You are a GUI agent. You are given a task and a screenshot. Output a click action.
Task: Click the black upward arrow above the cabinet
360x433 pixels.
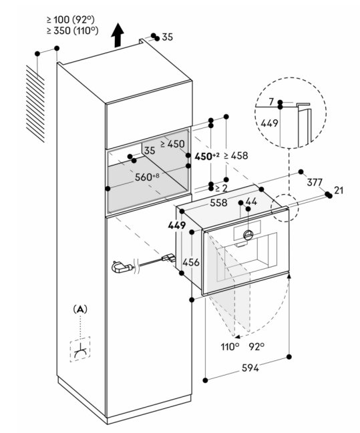point(118,35)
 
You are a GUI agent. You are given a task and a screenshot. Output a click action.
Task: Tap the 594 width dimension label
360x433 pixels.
point(250,368)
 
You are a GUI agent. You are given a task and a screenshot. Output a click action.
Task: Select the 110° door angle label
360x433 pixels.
point(230,346)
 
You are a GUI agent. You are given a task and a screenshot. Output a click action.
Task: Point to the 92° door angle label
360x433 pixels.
point(256,346)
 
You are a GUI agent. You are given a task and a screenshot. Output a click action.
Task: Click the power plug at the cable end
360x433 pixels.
point(122,268)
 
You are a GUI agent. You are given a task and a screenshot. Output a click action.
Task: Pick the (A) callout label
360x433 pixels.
point(80,310)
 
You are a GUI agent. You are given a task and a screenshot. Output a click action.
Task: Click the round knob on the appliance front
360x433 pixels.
point(248,235)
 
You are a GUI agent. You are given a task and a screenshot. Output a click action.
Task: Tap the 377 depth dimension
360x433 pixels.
point(315,182)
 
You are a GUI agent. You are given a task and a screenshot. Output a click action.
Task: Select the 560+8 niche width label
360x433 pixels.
point(147,177)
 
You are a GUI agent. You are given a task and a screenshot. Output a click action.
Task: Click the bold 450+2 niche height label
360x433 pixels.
point(207,156)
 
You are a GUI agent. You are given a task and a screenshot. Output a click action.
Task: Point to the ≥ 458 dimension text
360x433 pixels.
point(236,155)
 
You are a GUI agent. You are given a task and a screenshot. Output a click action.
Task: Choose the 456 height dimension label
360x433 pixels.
point(191,262)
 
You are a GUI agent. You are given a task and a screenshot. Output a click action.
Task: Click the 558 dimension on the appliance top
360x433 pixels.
point(218,203)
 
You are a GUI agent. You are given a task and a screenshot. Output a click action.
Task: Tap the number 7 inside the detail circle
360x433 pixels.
point(271,102)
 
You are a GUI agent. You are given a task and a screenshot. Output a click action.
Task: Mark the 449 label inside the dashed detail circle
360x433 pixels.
point(269,123)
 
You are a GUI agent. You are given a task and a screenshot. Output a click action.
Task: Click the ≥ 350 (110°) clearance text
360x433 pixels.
point(72,31)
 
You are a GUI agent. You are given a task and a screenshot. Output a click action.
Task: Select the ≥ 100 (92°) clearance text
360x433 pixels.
point(71,19)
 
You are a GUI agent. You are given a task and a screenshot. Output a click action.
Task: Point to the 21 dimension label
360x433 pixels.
point(339,190)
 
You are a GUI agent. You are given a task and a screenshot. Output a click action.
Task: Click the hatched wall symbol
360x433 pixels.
point(35,104)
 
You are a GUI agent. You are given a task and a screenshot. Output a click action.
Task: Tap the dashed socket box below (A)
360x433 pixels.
point(80,349)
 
